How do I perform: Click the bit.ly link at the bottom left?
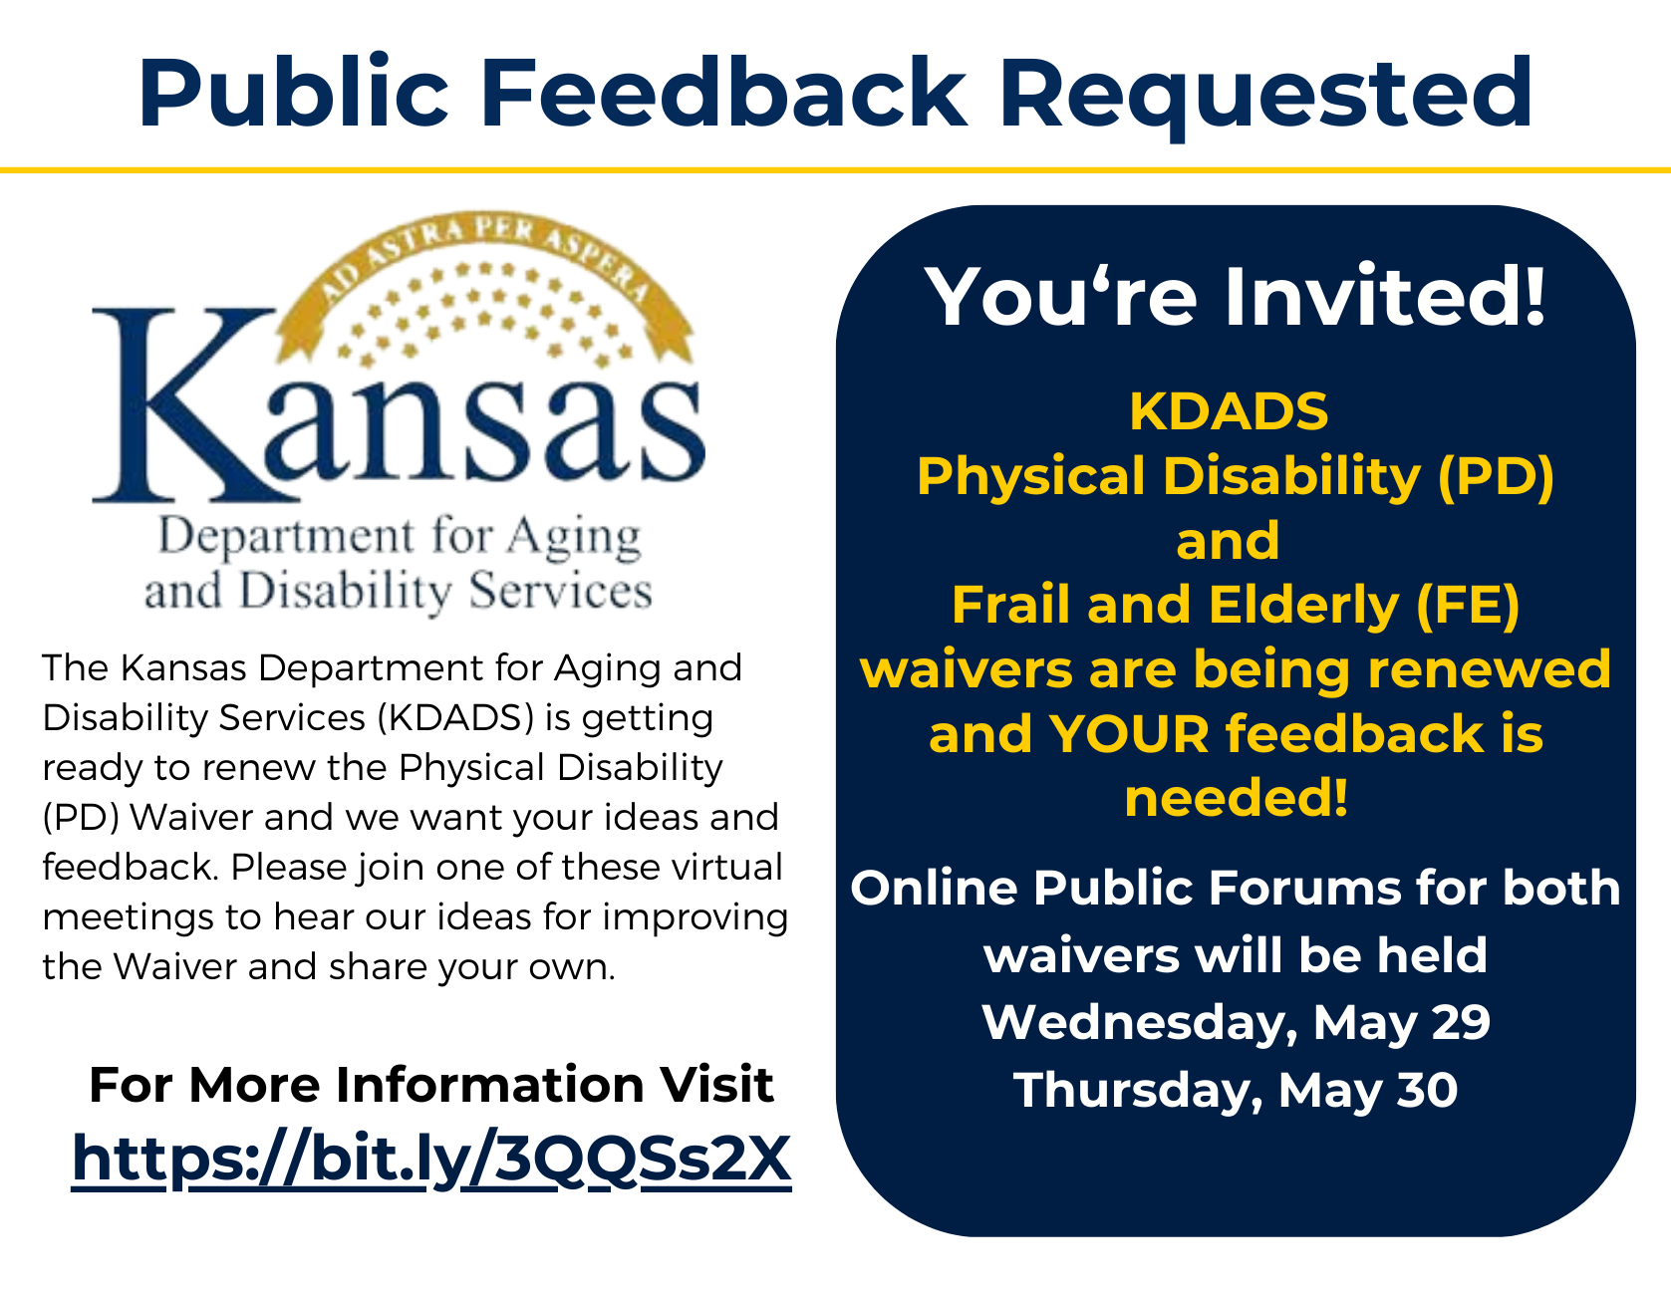[431, 1160]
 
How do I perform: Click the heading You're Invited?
[1236, 296]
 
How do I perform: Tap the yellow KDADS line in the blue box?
[1229, 410]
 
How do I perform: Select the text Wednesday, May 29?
[1236, 1023]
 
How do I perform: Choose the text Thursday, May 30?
[1236, 1091]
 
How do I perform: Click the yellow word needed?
[1236, 797]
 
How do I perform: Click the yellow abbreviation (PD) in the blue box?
[1496, 476]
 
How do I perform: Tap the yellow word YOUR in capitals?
[1129, 733]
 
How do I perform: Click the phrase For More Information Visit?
[431, 1084]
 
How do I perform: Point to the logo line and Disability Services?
[399, 592]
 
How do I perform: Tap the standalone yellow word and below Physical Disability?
[1228, 541]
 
